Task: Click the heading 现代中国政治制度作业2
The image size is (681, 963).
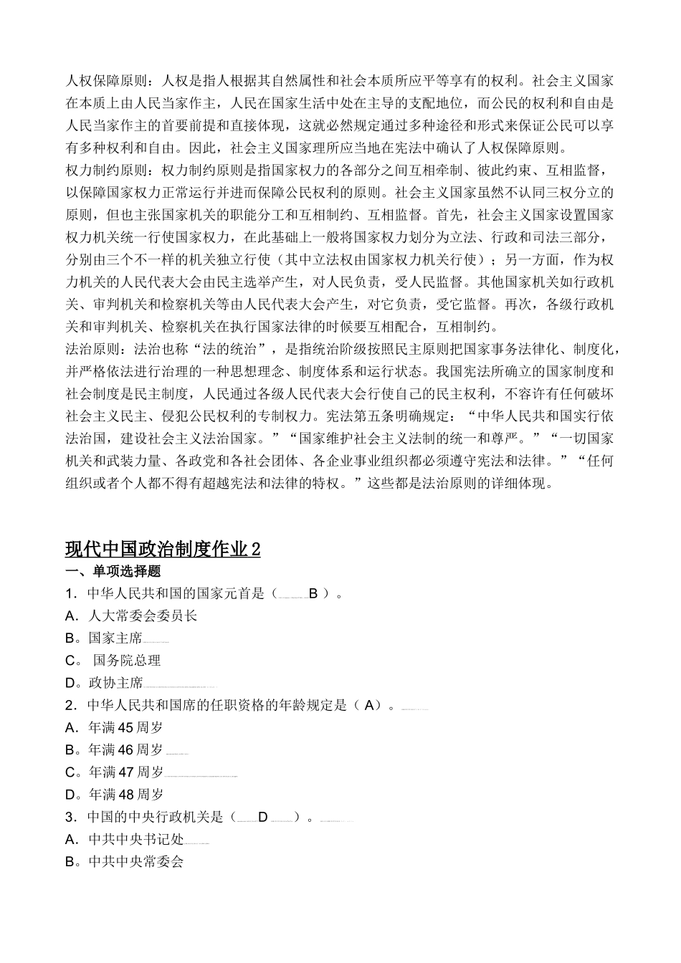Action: (163, 549)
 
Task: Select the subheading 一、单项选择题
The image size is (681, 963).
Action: (113, 571)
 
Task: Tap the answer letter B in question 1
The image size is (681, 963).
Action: (313, 593)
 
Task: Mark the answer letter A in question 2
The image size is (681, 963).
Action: (368, 705)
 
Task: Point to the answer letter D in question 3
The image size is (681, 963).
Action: (262, 817)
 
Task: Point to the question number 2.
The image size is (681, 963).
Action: (70, 705)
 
